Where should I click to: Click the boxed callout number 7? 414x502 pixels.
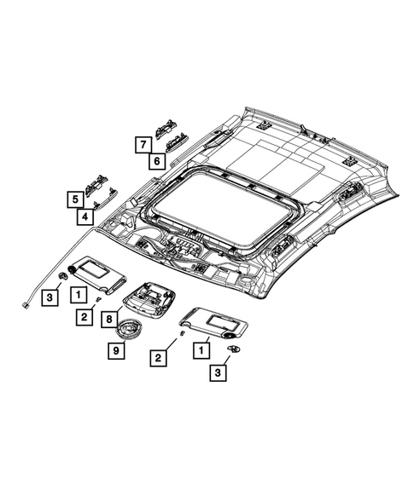[x=143, y=145]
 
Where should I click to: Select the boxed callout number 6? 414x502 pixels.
[x=157, y=161]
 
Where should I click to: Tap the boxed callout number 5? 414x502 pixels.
[x=75, y=199]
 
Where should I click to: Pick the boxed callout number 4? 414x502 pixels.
[x=85, y=216]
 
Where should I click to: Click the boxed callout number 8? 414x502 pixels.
[x=109, y=319]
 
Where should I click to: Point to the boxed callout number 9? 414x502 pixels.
[x=116, y=350]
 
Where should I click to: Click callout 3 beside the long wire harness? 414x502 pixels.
[x=50, y=297]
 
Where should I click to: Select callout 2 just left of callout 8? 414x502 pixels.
[x=85, y=317]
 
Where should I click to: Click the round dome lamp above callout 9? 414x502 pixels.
[x=128, y=329]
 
